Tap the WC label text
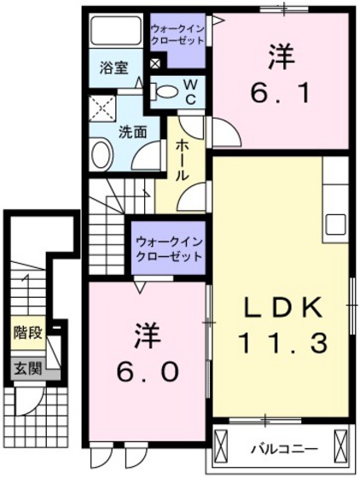190,90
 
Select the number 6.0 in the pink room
146,371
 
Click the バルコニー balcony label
284,448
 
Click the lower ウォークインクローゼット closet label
168,248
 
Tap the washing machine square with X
107,108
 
